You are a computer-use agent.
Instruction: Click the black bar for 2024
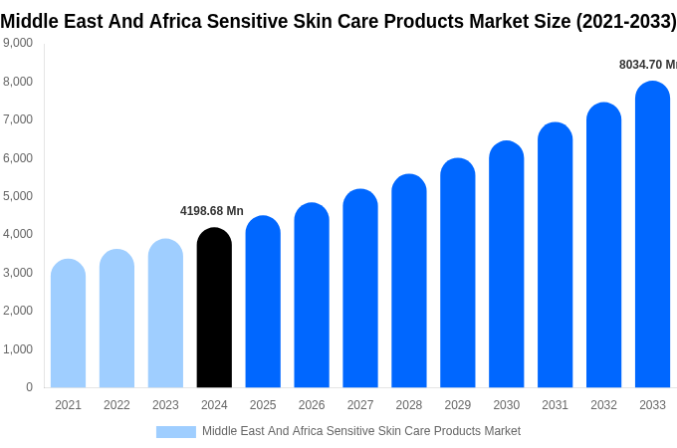pyautogui.click(x=214, y=308)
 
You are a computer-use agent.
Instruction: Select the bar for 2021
pyautogui.click(x=68, y=324)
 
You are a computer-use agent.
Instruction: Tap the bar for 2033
pyautogui.click(x=652, y=235)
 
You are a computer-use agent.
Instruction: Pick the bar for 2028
pyautogui.click(x=409, y=281)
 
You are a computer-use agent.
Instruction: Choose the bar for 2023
pyautogui.click(x=165, y=314)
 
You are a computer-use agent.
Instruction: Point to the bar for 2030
pyautogui.click(x=507, y=265)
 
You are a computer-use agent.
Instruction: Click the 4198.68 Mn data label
pyautogui.click(x=212, y=211)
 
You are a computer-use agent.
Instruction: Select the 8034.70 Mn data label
pyautogui.click(x=647, y=65)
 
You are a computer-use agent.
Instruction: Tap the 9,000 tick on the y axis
pyautogui.click(x=17, y=43)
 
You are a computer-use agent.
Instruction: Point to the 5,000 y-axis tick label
pyautogui.click(x=17, y=196)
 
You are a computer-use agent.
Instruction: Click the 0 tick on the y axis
pyautogui.click(x=29, y=387)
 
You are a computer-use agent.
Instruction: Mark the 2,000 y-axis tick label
pyautogui.click(x=17, y=311)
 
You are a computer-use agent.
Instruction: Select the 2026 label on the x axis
pyautogui.click(x=312, y=405)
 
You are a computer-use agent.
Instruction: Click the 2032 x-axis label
pyautogui.click(x=603, y=405)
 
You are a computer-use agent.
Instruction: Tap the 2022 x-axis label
pyautogui.click(x=116, y=405)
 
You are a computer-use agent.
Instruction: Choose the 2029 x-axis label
pyautogui.click(x=458, y=405)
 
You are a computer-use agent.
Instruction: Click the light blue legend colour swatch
pyautogui.click(x=176, y=432)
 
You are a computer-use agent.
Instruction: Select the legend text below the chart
pyautogui.click(x=361, y=431)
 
